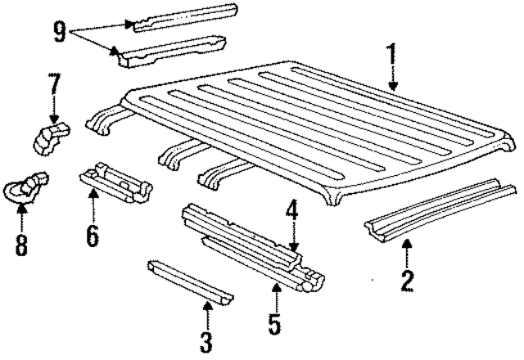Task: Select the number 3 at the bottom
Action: [206, 339]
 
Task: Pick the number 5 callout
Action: [273, 322]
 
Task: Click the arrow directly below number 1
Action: [393, 80]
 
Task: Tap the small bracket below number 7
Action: [51, 137]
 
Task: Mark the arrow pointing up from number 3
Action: [206, 309]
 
